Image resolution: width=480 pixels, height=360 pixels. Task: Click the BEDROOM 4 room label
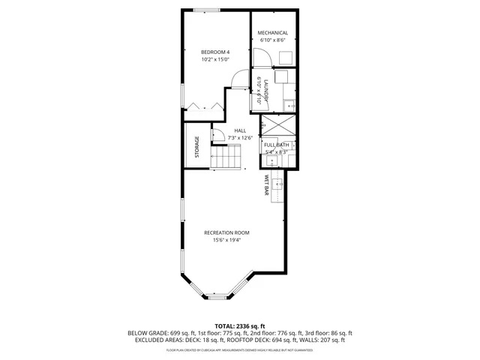click(214, 52)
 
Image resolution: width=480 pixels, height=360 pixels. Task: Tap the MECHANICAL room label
click(273, 33)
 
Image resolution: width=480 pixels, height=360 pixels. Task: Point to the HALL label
click(240, 130)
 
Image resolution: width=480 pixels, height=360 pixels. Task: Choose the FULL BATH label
click(277, 144)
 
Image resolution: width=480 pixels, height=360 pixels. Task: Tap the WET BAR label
click(266, 185)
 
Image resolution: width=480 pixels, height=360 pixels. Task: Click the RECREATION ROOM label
click(226, 232)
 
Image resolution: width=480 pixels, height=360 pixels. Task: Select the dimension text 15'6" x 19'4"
click(226, 241)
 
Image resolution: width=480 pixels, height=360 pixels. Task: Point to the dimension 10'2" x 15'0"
click(214, 59)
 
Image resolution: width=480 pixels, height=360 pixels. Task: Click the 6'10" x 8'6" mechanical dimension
click(273, 40)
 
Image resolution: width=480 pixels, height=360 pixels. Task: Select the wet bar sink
click(279, 181)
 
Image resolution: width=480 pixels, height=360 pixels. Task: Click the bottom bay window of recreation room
click(217, 297)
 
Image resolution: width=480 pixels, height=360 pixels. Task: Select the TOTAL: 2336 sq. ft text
click(240, 326)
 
